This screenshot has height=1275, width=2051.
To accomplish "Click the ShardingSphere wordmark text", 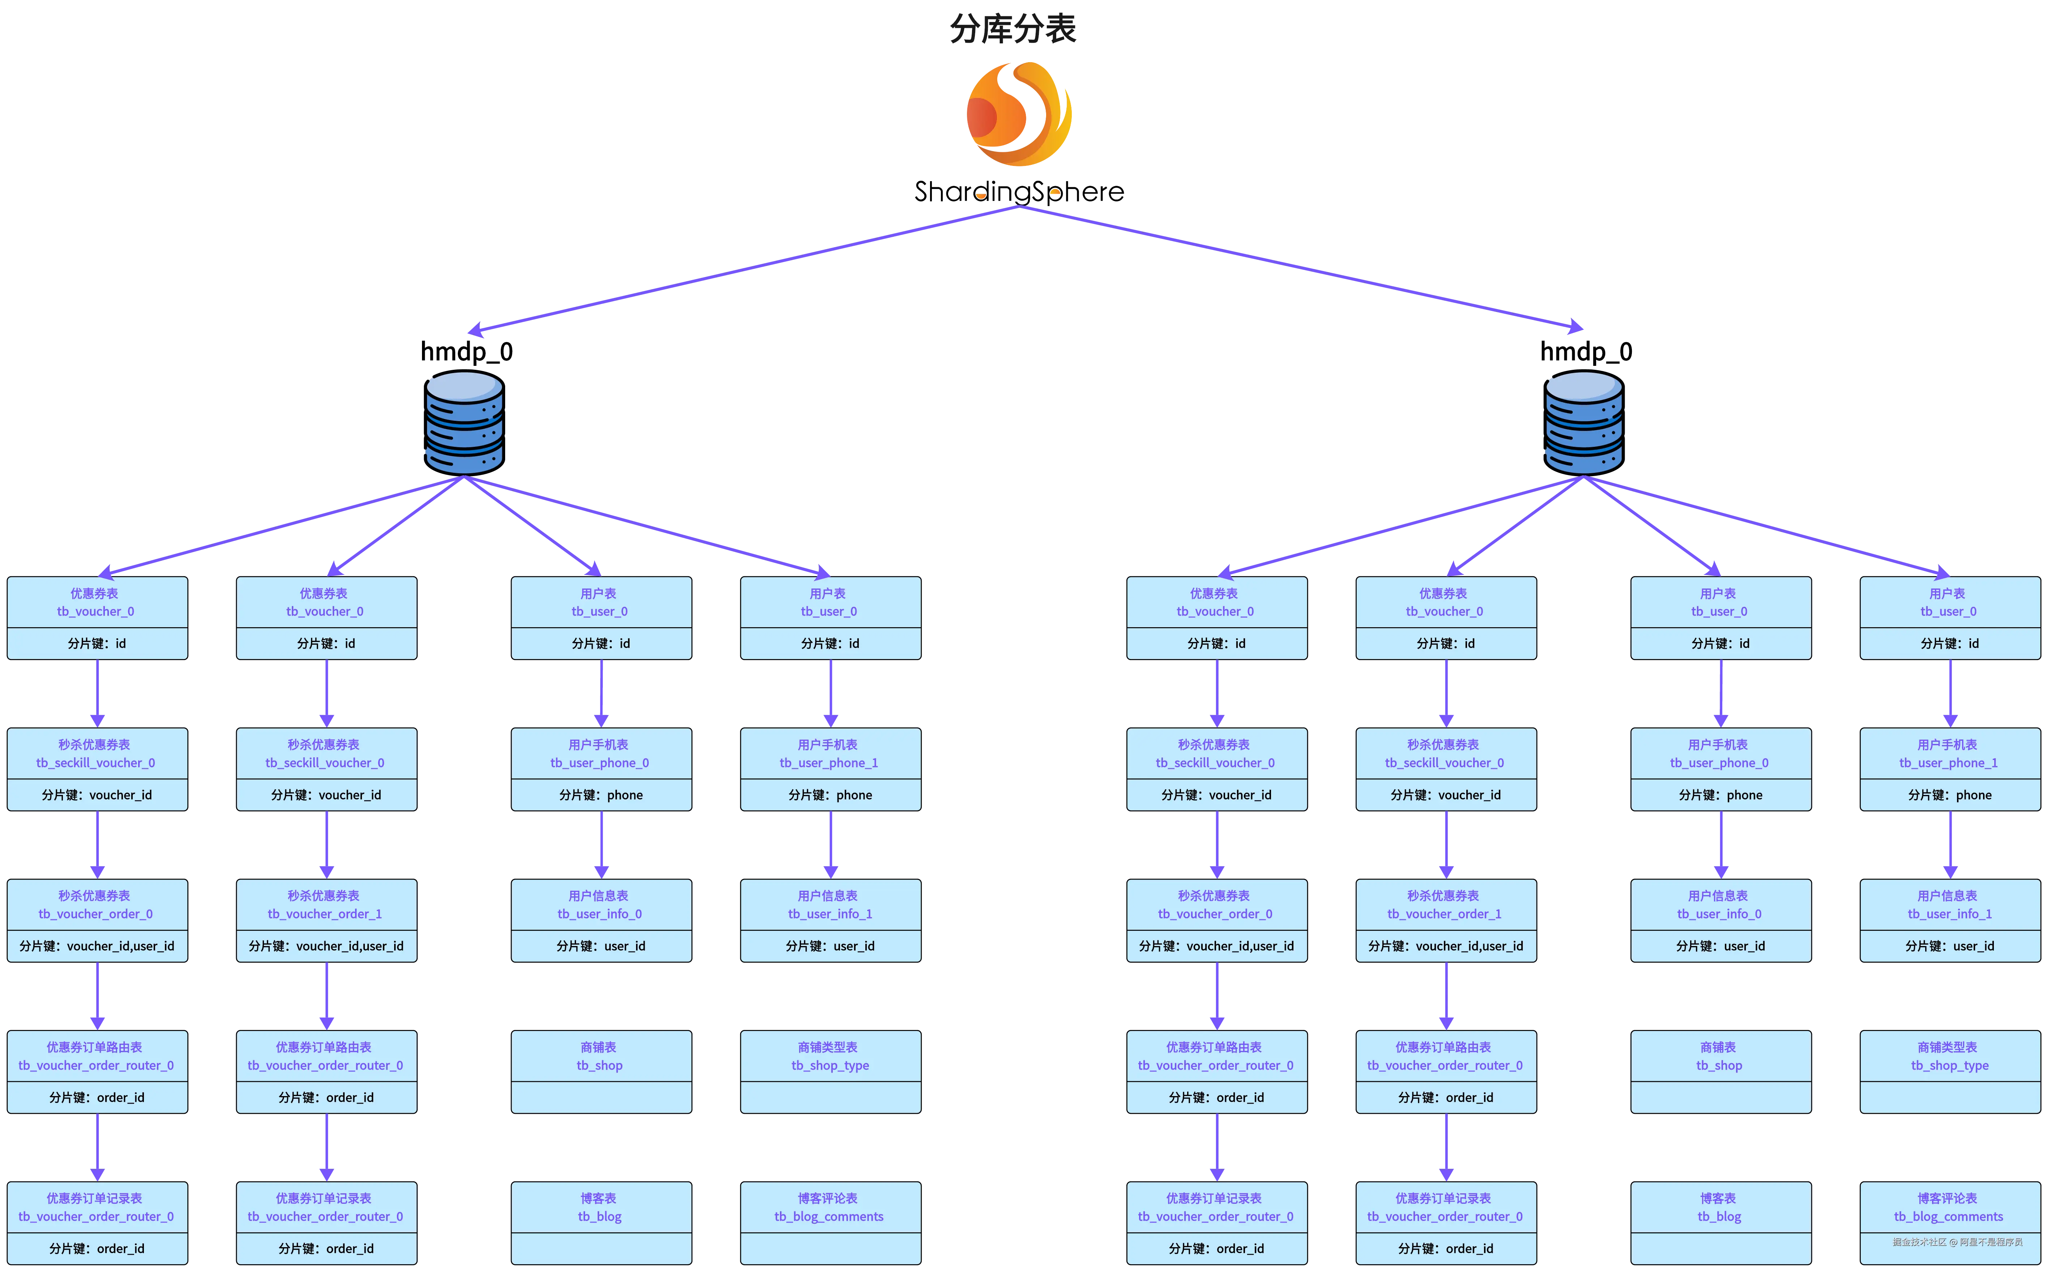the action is coord(1019,192).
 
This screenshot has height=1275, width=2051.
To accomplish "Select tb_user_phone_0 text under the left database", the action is coord(600,763).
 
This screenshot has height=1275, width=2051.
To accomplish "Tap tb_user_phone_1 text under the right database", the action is coord(1948,763).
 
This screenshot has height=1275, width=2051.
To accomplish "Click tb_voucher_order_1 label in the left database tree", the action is coord(325,914).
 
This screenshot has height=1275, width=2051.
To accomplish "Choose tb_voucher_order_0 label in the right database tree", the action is coord(1215,914).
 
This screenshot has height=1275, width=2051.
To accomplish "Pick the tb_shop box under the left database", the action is coord(601,1072).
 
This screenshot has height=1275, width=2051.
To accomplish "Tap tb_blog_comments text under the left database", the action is coord(829,1217).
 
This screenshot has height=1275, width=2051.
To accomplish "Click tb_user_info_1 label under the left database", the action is coord(830,914).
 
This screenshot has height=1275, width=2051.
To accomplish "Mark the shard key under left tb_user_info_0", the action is coord(601,946).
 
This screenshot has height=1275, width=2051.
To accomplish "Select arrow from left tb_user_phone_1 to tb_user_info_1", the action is coord(831,845).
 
